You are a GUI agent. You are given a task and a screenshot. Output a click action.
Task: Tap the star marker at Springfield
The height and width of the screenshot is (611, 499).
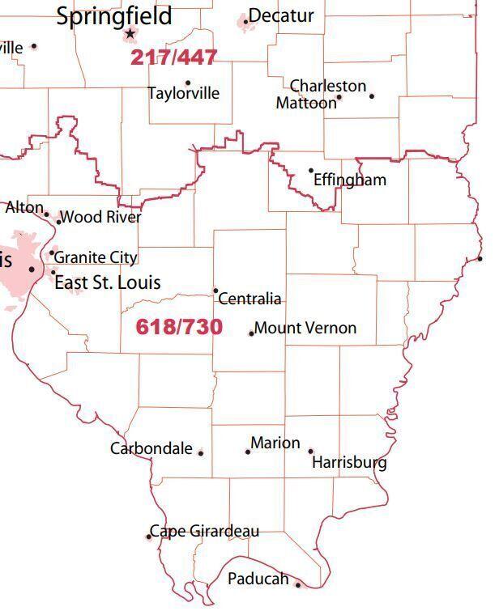tap(130, 34)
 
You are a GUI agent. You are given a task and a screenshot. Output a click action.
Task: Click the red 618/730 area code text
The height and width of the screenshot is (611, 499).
tap(179, 327)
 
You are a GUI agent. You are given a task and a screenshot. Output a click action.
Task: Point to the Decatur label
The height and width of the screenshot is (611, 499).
tap(281, 15)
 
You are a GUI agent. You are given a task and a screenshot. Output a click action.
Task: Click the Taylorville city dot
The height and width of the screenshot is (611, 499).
tap(188, 83)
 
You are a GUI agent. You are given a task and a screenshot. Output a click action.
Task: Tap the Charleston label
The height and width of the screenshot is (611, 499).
tap(328, 85)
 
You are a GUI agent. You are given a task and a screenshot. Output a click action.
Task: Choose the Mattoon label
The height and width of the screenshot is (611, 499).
tap(305, 103)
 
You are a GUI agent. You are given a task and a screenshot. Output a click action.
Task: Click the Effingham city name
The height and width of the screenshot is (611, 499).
tap(350, 180)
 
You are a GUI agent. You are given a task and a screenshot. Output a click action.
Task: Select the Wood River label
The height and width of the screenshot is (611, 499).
tap(101, 217)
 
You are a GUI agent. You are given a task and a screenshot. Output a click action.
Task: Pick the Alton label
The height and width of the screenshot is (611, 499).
tap(24, 207)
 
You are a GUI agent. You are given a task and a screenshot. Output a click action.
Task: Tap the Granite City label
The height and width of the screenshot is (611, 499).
tap(96, 257)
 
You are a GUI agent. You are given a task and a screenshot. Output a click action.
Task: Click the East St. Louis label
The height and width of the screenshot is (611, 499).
tap(107, 282)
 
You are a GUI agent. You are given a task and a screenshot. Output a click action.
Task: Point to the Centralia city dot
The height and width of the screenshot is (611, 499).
tap(215, 291)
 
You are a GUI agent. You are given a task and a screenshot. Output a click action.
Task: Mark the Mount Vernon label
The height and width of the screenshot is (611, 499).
tap(305, 328)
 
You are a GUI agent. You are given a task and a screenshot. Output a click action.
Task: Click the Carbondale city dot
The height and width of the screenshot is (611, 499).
tap(201, 453)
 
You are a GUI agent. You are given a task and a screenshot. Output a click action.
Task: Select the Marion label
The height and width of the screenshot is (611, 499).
tap(275, 443)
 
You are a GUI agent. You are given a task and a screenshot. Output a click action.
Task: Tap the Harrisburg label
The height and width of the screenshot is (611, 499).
tap(349, 463)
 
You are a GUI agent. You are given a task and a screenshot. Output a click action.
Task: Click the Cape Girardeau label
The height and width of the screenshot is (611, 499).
tap(206, 532)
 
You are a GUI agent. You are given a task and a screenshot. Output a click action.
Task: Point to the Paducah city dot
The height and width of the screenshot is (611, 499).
tap(297, 585)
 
